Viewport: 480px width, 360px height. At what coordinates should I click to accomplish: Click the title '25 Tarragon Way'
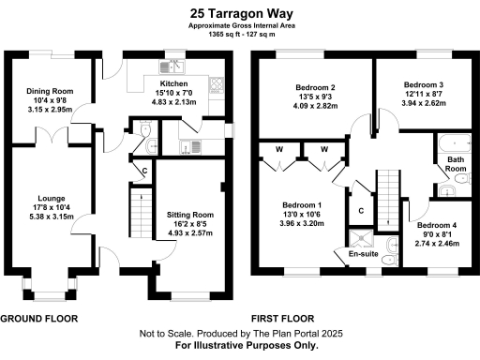click(240, 13)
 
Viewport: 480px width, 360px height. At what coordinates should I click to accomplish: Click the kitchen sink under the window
click(172, 66)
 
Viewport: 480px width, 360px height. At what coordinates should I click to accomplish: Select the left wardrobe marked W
click(279, 148)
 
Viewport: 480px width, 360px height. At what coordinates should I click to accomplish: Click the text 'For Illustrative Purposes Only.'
click(241, 345)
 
